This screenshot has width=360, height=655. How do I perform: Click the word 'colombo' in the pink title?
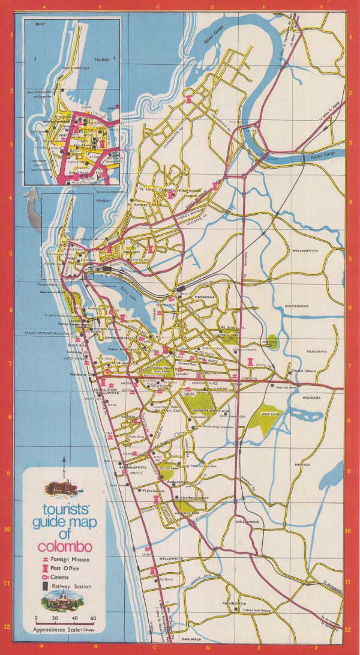click(x=64, y=547)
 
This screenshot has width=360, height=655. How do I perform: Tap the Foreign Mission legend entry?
click(x=65, y=559)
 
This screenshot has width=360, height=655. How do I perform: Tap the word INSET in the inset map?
click(x=40, y=25)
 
